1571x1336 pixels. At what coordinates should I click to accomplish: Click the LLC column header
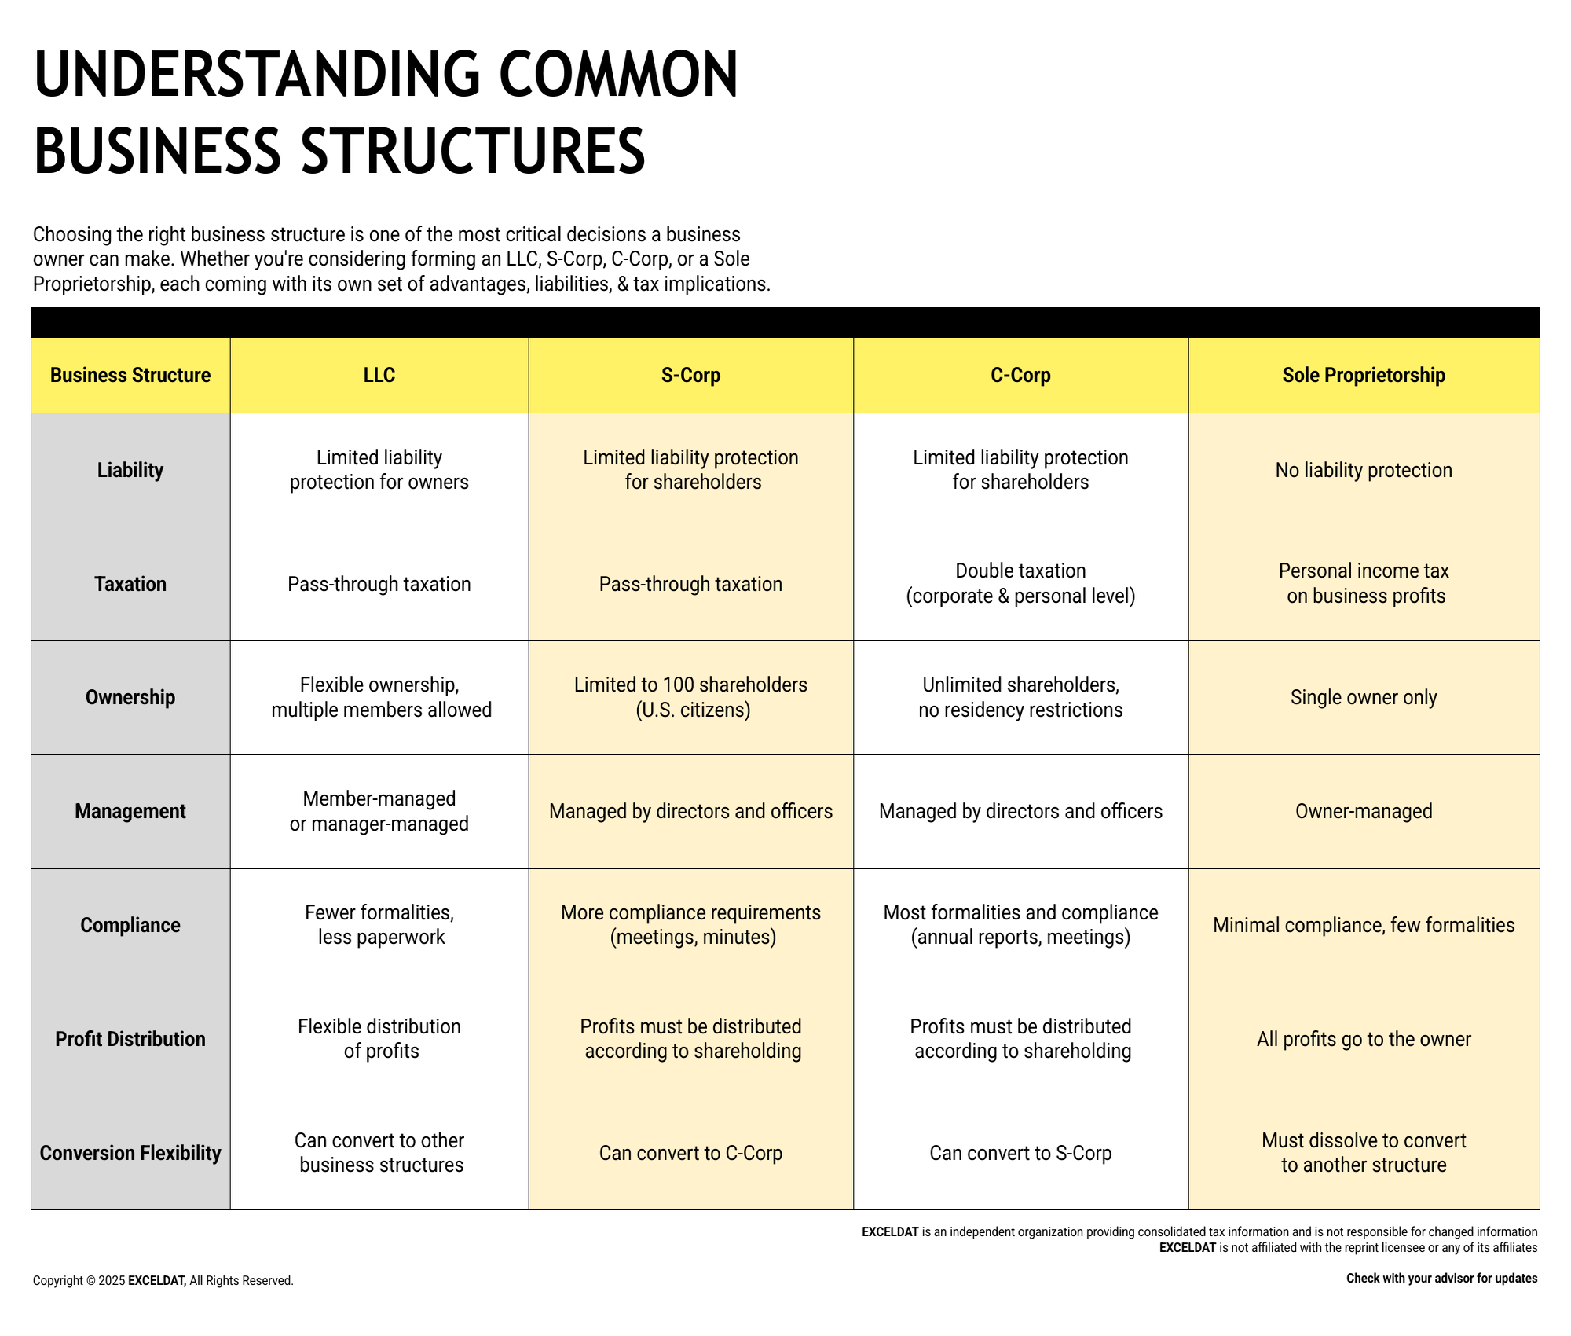(379, 375)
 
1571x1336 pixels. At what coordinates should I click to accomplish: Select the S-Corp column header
(690, 375)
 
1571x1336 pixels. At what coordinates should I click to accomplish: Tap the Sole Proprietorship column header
(1364, 375)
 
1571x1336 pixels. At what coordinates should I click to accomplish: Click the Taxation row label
(130, 584)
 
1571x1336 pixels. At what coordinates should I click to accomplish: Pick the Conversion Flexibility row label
(130, 1153)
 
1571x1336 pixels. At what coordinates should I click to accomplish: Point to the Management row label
(130, 811)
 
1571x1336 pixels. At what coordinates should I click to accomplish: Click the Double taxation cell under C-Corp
(1020, 583)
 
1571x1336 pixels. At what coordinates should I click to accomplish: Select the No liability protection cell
(1364, 470)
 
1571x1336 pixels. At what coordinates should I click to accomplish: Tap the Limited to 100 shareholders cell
(690, 697)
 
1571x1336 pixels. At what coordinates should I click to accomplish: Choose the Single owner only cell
(1364, 697)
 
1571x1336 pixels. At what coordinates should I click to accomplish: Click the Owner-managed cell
(1364, 811)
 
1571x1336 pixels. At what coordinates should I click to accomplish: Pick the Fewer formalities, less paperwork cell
(379, 924)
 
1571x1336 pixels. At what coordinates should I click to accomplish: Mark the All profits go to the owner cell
(1364, 1039)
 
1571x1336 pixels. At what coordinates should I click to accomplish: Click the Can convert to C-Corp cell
(690, 1153)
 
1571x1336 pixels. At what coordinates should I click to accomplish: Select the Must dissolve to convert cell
(1364, 1152)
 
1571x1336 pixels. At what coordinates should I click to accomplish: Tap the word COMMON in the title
(618, 75)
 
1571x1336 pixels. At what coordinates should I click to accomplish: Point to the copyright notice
(163, 1280)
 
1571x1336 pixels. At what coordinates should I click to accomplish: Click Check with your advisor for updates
(1442, 1279)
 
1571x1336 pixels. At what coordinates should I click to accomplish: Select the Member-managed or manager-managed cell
(379, 811)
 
